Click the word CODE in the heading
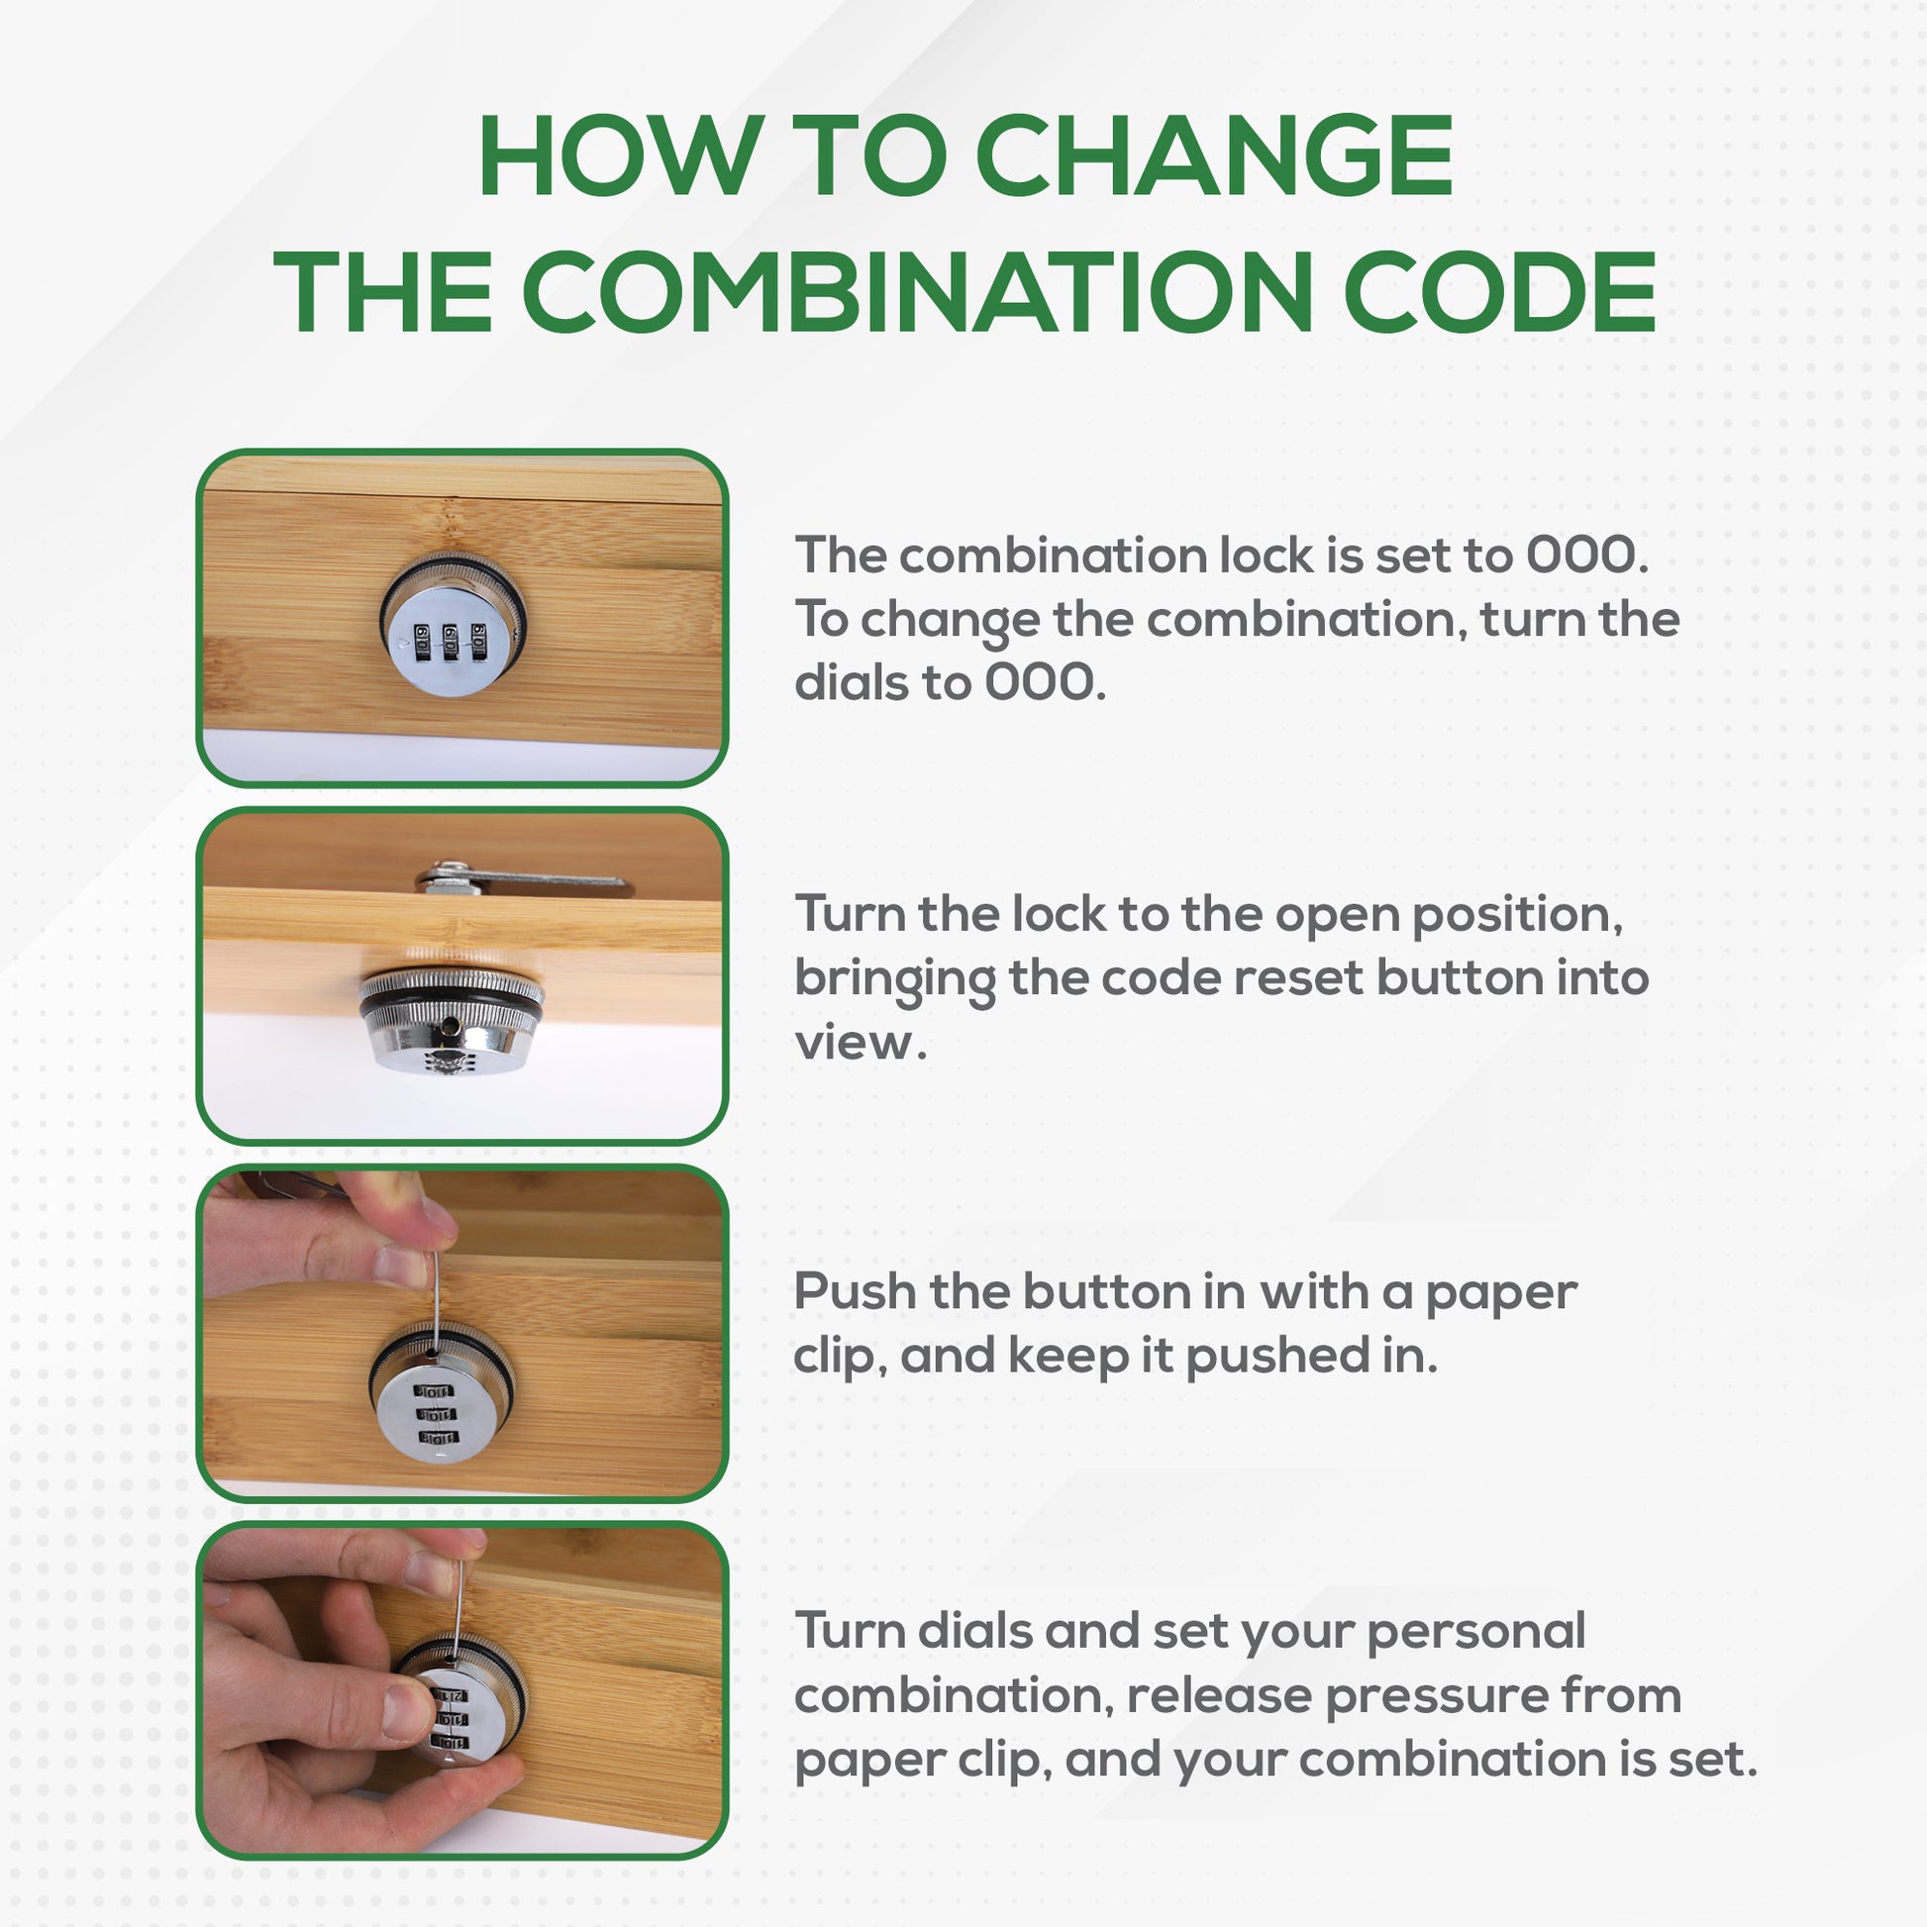(1499, 291)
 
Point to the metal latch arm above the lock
(523, 880)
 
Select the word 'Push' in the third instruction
(855, 1291)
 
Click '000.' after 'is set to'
(1587, 556)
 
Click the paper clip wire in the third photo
(436, 1296)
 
